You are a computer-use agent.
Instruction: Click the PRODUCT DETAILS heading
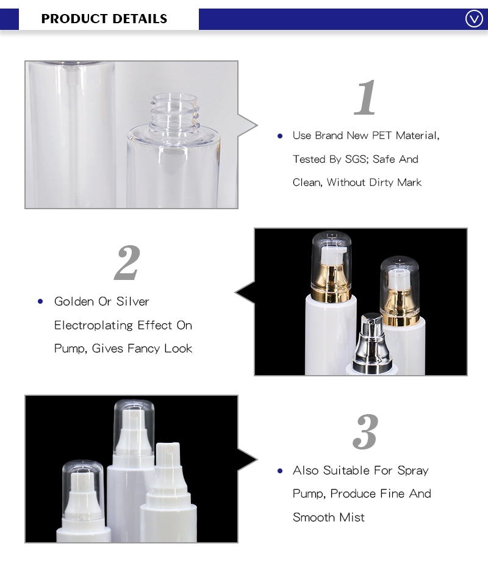[x=104, y=19]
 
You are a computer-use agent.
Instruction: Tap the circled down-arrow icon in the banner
[x=474, y=19]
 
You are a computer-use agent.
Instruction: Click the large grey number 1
[x=366, y=98]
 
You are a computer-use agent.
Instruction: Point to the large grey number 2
[x=127, y=263]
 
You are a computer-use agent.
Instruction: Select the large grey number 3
[x=365, y=432]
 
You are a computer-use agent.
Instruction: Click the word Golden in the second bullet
[x=74, y=301]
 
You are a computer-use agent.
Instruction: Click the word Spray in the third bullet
[x=413, y=470]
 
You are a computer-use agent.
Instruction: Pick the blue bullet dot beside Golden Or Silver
[x=40, y=301]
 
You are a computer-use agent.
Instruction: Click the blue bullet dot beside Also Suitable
[x=280, y=471]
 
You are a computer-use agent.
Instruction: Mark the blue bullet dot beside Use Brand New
[x=280, y=135]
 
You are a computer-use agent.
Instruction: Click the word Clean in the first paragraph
[x=307, y=182]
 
